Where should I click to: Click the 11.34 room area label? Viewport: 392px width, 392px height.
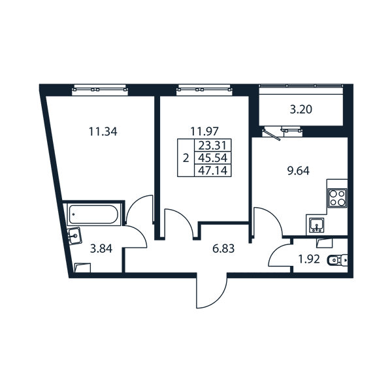click(x=103, y=131)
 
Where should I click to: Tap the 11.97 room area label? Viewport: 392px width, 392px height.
click(x=204, y=131)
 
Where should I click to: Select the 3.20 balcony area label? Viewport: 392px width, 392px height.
click(x=301, y=110)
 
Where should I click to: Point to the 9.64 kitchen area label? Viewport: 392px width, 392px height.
click(x=299, y=171)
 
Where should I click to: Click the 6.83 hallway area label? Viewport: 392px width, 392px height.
click(x=223, y=249)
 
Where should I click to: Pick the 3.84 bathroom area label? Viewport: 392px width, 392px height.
click(x=101, y=249)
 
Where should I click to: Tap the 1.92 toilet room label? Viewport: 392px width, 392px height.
click(x=309, y=259)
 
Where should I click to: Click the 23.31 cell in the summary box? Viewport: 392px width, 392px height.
click(x=212, y=145)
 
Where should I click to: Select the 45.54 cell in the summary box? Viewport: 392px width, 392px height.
click(x=212, y=158)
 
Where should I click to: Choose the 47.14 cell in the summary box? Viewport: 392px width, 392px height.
click(x=212, y=171)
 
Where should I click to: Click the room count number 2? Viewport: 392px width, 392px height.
click(x=186, y=158)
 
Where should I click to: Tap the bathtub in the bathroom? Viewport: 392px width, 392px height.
click(x=93, y=214)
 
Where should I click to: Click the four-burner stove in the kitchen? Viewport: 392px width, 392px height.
click(x=338, y=198)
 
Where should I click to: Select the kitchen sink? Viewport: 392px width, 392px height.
click(x=317, y=225)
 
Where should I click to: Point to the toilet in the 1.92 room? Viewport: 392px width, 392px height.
click(x=337, y=260)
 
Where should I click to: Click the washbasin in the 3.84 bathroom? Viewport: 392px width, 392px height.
click(x=74, y=235)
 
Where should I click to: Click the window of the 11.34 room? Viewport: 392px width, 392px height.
click(x=100, y=90)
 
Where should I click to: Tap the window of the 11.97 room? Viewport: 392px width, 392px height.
click(x=204, y=90)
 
